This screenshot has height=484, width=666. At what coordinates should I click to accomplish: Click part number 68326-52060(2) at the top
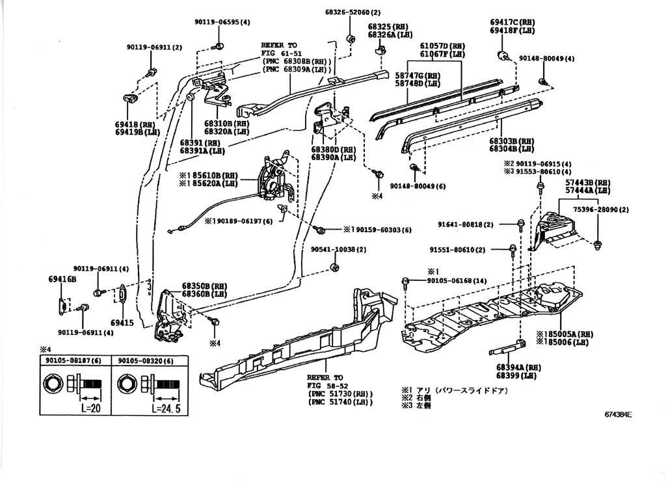[x=353, y=12]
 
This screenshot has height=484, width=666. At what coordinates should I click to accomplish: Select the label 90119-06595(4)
[x=222, y=22]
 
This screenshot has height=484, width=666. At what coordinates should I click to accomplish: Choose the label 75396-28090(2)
[x=600, y=210]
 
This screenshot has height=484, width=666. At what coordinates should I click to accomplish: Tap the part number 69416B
[x=62, y=279]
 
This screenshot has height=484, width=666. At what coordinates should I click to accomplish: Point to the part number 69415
[x=122, y=323]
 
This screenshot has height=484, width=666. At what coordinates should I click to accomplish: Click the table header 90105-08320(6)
[x=146, y=361]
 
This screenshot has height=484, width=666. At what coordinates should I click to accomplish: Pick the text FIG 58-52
[x=325, y=385]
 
